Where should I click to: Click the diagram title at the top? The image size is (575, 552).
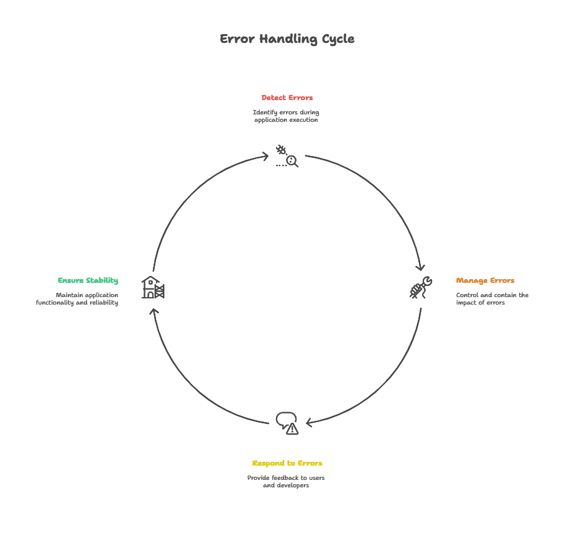[288, 39]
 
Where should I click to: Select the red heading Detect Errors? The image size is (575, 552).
[287, 98]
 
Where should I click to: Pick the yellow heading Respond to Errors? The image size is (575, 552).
[287, 463]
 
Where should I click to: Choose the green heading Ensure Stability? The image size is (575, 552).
[87, 280]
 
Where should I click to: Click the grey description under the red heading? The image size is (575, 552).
[287, 116]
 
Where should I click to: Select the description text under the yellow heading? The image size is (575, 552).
[286, 481]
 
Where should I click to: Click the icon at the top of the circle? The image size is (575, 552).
[287, 155]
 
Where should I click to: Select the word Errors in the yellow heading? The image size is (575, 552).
[308, 463]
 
